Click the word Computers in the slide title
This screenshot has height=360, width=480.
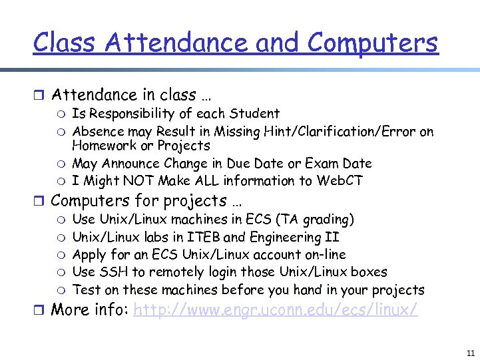(373, 43)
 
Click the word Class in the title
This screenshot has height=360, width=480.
(65, 43)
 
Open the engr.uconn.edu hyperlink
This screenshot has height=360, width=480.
(276, 309)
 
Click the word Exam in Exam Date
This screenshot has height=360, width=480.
(322, 164)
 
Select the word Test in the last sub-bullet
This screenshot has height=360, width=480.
(86, 290)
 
